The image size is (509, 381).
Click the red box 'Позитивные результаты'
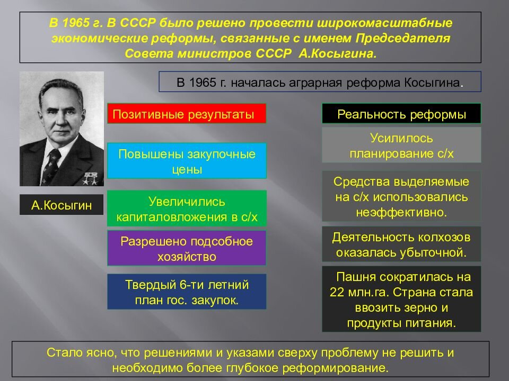coord(187,113)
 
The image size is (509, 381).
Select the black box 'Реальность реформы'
coord(401,113)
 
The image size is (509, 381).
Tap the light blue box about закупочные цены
coord(187,161)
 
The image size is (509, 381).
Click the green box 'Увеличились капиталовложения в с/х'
coord(187,208)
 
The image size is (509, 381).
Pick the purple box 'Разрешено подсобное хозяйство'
coord(187,248)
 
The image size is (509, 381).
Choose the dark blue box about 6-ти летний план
coord(187,292)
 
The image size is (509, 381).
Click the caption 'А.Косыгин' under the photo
coord(62,205)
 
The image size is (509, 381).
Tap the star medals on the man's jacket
coord(90,178)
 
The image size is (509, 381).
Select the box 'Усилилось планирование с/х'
coord(401,145)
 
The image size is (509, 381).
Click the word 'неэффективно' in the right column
coord(401,212)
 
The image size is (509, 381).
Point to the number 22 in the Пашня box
coord(337,292)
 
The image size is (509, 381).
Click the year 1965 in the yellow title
coord(76,23)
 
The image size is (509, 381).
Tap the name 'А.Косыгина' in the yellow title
coord(338,53)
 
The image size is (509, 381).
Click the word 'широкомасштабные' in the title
coord(384,23)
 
